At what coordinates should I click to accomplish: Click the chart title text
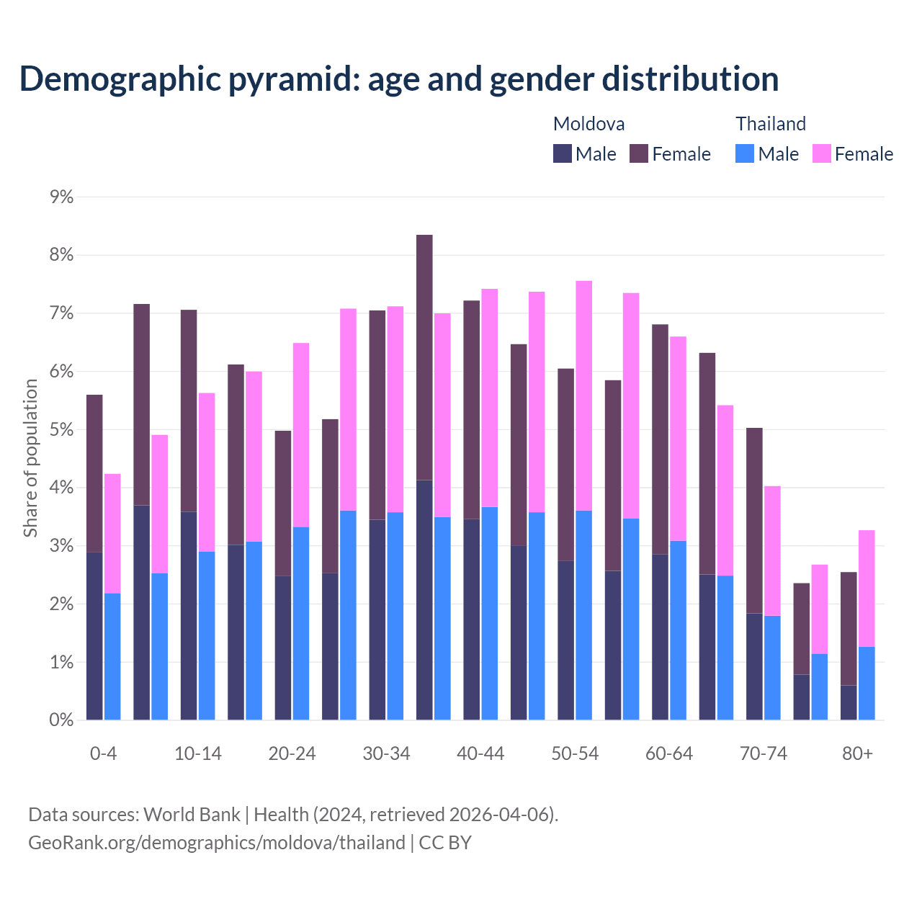[398, 79]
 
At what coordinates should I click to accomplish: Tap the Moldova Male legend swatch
[563, 153]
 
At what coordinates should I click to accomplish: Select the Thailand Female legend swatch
[822, 153]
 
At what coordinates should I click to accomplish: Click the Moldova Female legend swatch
[639, 153]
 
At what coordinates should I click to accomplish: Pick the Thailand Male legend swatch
[745, 153]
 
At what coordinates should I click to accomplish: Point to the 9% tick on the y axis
[62, 197]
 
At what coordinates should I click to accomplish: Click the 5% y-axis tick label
[62, 430]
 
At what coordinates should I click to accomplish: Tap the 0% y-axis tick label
[62, 720]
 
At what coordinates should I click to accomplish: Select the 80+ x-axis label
[857, 753]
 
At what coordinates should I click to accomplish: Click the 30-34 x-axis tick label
[386, 753]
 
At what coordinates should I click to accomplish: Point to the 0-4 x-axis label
[103, 753]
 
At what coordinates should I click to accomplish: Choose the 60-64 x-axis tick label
[669, 753]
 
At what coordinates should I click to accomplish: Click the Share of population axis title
[30, 458]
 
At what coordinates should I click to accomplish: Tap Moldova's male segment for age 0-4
[94, 636]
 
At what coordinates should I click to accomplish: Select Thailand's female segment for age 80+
[867, 588]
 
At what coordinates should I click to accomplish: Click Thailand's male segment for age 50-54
[584, 615]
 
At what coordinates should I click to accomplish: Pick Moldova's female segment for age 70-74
[754, 520]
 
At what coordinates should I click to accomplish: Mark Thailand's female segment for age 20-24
[301, 435]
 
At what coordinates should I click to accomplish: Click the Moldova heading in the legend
[588, 124]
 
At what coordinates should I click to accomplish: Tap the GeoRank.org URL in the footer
[216, 843]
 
